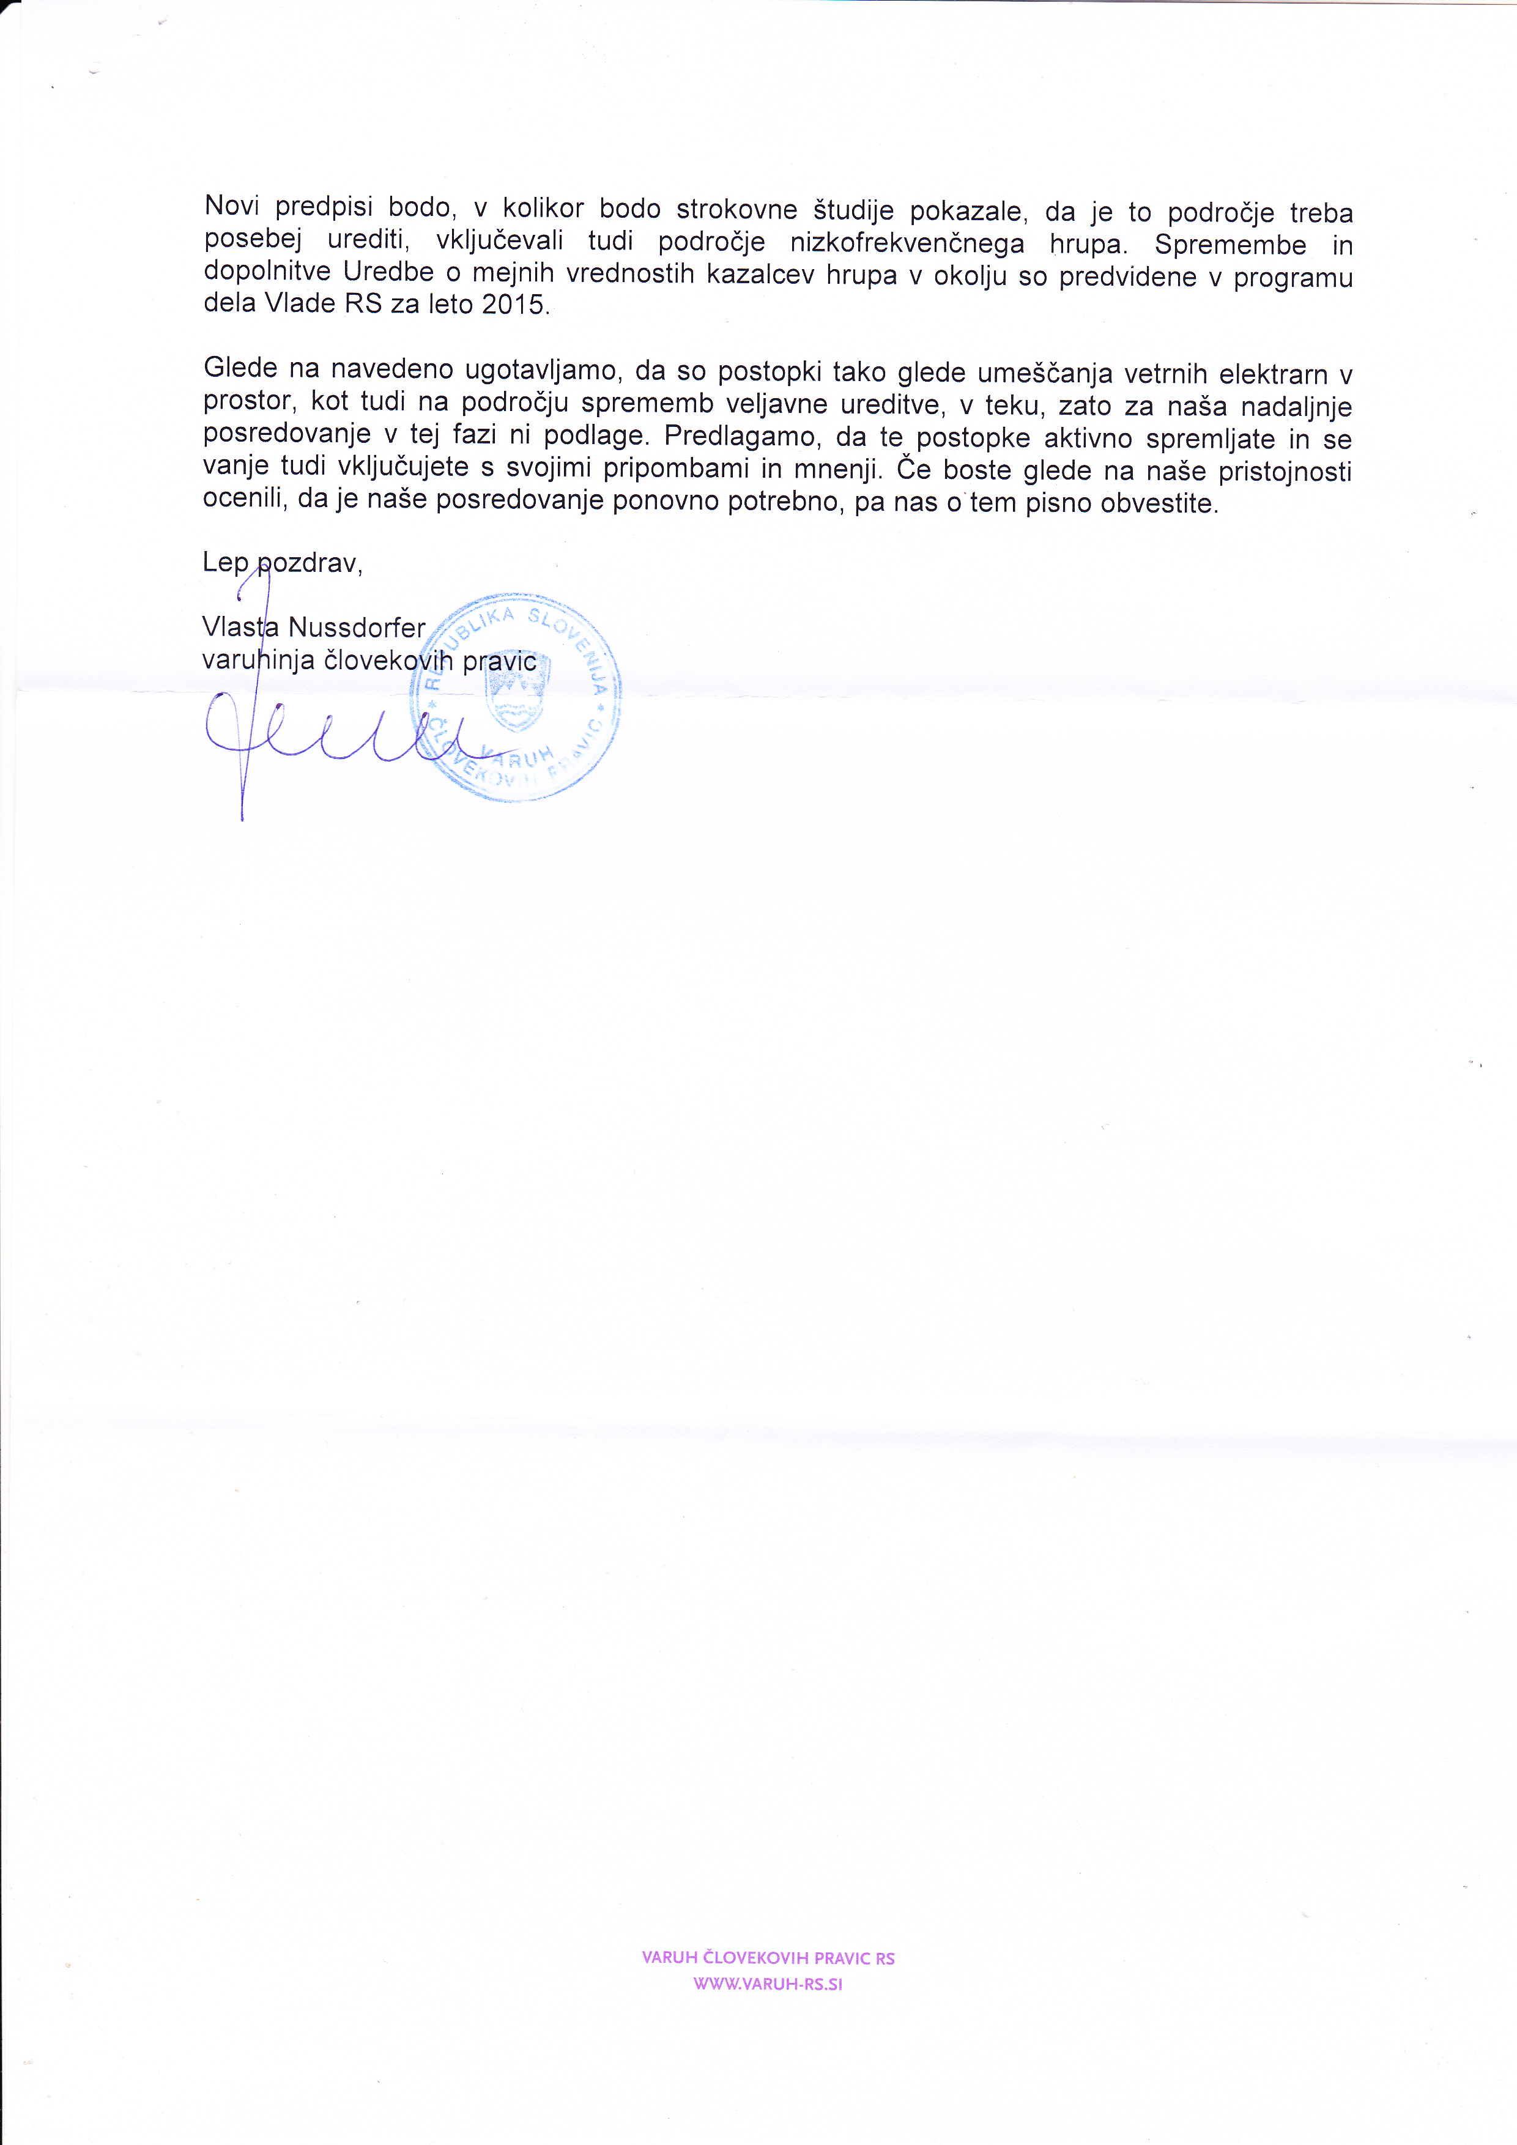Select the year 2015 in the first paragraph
[x=513, y=305]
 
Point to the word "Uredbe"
[x=388, y=273]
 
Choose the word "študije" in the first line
[x=855, y=210]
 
